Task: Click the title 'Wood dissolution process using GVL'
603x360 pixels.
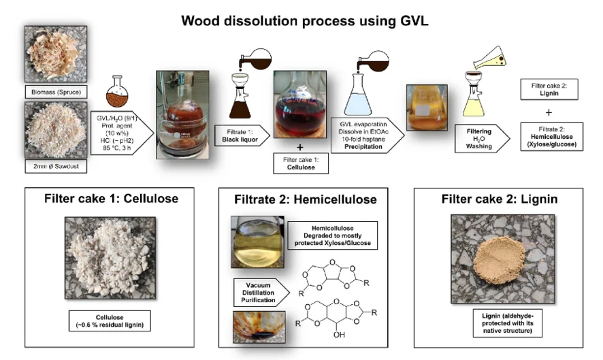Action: (305, 20)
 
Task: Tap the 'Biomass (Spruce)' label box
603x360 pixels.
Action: (56, 92)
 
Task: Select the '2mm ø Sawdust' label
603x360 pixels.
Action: (56, 166)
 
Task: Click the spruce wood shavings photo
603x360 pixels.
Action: (56, 54)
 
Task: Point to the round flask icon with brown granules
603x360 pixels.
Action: (117, 92)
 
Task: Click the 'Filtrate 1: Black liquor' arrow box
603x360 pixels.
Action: (242, 135)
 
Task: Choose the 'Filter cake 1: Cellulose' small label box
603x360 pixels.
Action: (301, 163)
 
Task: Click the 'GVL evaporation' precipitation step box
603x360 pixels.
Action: (367, 135)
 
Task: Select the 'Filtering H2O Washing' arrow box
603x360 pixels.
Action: (483, 138)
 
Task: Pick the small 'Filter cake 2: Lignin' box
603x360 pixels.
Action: (549, 90)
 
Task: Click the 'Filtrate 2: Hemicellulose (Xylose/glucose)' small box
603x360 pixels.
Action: (551, 137)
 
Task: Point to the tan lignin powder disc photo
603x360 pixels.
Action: (500, 260)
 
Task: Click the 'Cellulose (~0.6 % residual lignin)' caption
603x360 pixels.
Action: (110, 321)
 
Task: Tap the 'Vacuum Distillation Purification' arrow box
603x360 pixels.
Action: (261, 293)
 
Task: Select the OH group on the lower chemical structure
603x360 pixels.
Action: (339, 335)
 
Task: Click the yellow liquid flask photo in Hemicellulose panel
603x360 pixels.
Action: (258, 242)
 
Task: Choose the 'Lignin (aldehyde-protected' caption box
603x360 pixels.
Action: (507, 323)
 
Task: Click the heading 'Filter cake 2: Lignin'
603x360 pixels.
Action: (499, 199)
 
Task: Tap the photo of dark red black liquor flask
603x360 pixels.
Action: (300, 104)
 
